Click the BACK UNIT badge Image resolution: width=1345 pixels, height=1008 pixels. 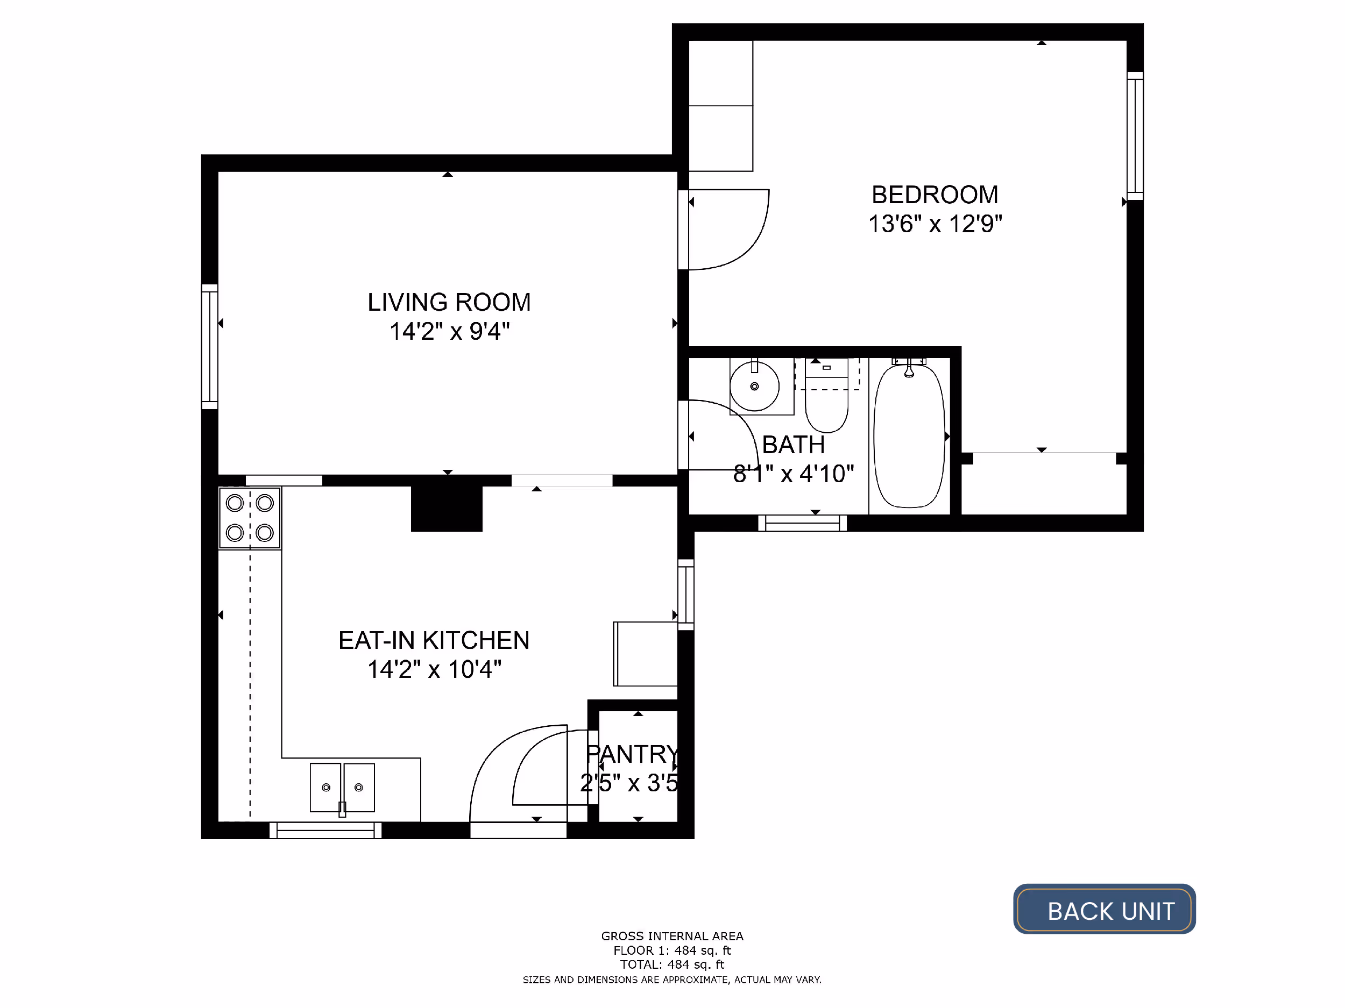pos(1104,910)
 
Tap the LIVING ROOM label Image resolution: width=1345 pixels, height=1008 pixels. pos(449,302)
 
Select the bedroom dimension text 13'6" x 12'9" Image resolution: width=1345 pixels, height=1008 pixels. pos(935,224)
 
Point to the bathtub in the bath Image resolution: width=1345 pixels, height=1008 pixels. pos(909,435)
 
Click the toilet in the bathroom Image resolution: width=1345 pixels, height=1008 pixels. pos(826,395)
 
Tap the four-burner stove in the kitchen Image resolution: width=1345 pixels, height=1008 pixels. pos(249,518)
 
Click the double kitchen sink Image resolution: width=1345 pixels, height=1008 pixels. pos(342,788)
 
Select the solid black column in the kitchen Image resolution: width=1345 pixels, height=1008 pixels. pos(447,508)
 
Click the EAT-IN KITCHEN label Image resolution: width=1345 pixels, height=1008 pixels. pos(434,640)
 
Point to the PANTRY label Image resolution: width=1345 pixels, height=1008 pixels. pos(632,754)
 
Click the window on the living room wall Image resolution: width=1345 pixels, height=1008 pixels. pos(210,346)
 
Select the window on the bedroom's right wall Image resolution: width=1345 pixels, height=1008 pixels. pos(1135,136)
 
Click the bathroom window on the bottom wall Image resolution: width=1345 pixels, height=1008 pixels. pos(802,523)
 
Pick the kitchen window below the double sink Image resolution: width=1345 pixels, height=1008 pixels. pos(325,830)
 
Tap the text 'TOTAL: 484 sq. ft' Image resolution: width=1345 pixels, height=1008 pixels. pos(672,964)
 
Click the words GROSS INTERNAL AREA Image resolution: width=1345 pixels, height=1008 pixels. pos(672,936)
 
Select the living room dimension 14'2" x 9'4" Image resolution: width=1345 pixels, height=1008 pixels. pos(449,331)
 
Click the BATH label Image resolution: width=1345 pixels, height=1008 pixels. pos(793,445)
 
